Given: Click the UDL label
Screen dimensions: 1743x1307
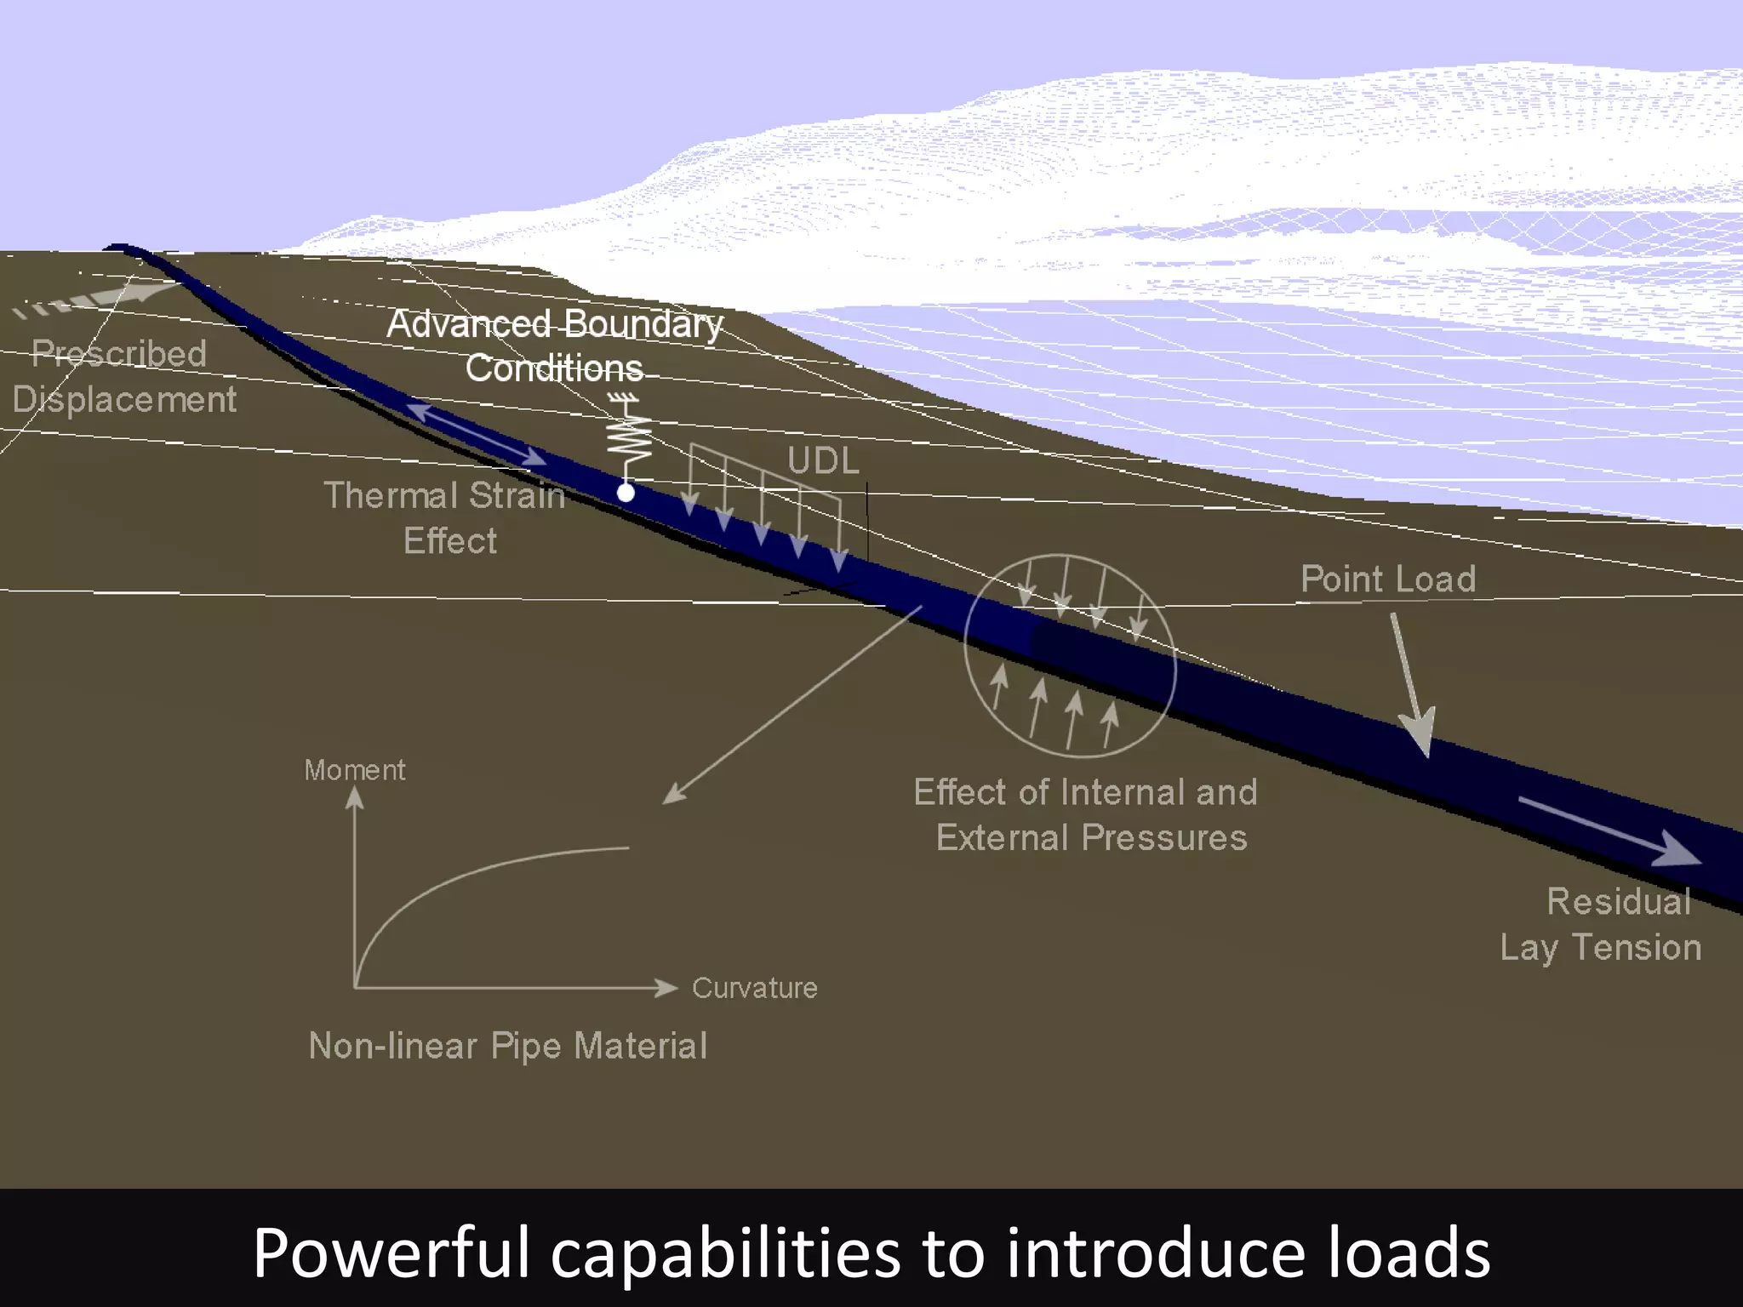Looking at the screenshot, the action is click(823, 461).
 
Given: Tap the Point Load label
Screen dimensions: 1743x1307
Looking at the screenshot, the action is click(1388, 579).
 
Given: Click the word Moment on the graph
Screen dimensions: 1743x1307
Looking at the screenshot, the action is click(355, 770).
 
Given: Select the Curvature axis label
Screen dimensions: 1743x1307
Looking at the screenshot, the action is click(754, 988).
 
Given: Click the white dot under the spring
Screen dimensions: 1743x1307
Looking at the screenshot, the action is click(626, 492).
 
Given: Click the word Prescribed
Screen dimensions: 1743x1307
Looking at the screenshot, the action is click(119, 354).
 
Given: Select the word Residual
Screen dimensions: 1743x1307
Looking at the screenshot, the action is click(1618, 902).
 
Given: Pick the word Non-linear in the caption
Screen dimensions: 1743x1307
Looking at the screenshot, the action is click(392, 1046).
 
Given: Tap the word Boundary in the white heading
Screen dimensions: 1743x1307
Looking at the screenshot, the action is click(643, 325).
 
